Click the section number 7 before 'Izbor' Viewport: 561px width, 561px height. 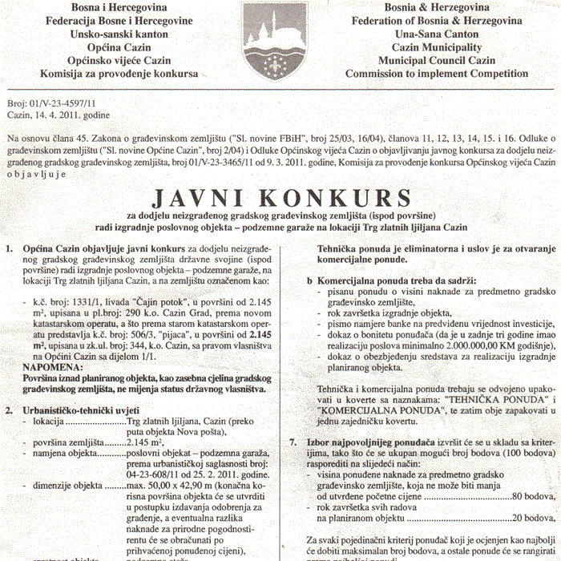[x=292, y=442]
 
